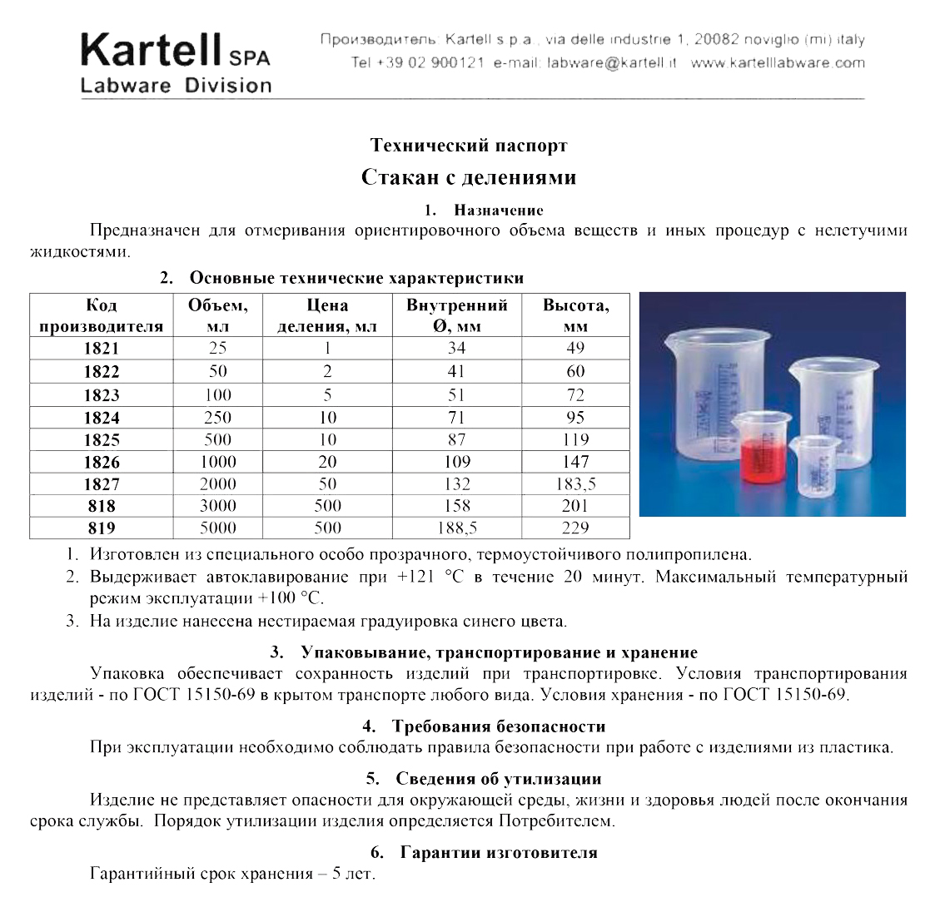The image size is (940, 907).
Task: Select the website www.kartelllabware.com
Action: click(x=778, y=62)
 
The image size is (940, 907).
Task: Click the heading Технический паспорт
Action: click(x=469, y=146)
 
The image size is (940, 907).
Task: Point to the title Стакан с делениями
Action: click(x=469, y=177)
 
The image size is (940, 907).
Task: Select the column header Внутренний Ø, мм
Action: click(x=456, y=315)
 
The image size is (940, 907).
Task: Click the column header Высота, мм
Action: click(x=575, y=315)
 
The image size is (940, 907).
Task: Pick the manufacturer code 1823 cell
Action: click(x=102, y=395)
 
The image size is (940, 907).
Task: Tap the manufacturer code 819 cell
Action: click(x=102, y=528)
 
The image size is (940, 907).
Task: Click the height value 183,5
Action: click(x=575, y=483)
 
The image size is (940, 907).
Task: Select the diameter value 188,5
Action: click(x=456, y=528)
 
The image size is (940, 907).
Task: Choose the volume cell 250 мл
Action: click(x=217, y=417)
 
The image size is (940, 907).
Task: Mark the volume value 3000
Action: click(x=217, y=505)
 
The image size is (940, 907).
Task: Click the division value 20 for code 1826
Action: click(x=327, y=462)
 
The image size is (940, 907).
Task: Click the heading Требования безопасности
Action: click(x=498, y=726)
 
